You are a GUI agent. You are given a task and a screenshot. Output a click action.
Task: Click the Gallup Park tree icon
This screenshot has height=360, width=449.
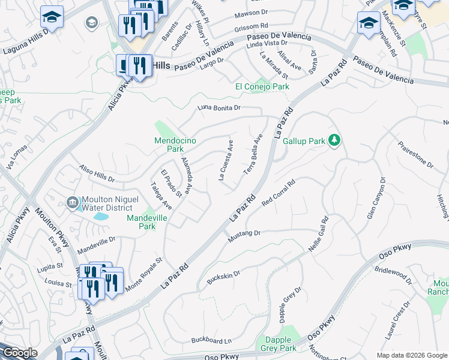pos(335,141)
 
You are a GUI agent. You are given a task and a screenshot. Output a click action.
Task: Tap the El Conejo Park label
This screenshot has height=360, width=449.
pos(262,87)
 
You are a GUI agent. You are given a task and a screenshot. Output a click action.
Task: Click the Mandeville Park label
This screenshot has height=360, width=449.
pos(141,223)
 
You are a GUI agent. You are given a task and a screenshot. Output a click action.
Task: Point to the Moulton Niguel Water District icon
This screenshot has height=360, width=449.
pos(73,203)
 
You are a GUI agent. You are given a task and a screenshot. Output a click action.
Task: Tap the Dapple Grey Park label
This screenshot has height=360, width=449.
pos(279,344)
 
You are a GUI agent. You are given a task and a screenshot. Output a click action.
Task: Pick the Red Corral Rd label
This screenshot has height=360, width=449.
pos(279,193)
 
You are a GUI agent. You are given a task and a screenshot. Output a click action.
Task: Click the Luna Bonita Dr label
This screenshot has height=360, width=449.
pos(219,108)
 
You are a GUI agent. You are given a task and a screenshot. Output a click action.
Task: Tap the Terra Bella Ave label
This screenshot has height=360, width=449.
pos(253,154)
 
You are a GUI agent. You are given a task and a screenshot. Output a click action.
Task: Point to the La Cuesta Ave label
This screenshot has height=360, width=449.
pos(226,160)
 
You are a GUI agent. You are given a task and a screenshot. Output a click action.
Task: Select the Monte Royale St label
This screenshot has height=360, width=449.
pos(144,275)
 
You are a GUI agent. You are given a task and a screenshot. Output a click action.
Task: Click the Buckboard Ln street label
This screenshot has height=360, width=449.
pos(211,341)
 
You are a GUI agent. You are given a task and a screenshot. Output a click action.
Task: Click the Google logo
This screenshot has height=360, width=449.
pos(20,353)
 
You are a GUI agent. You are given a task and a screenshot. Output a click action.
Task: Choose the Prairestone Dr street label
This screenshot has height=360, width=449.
pos(415,154)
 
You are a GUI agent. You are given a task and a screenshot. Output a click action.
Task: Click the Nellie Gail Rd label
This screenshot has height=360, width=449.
pos(319,235)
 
